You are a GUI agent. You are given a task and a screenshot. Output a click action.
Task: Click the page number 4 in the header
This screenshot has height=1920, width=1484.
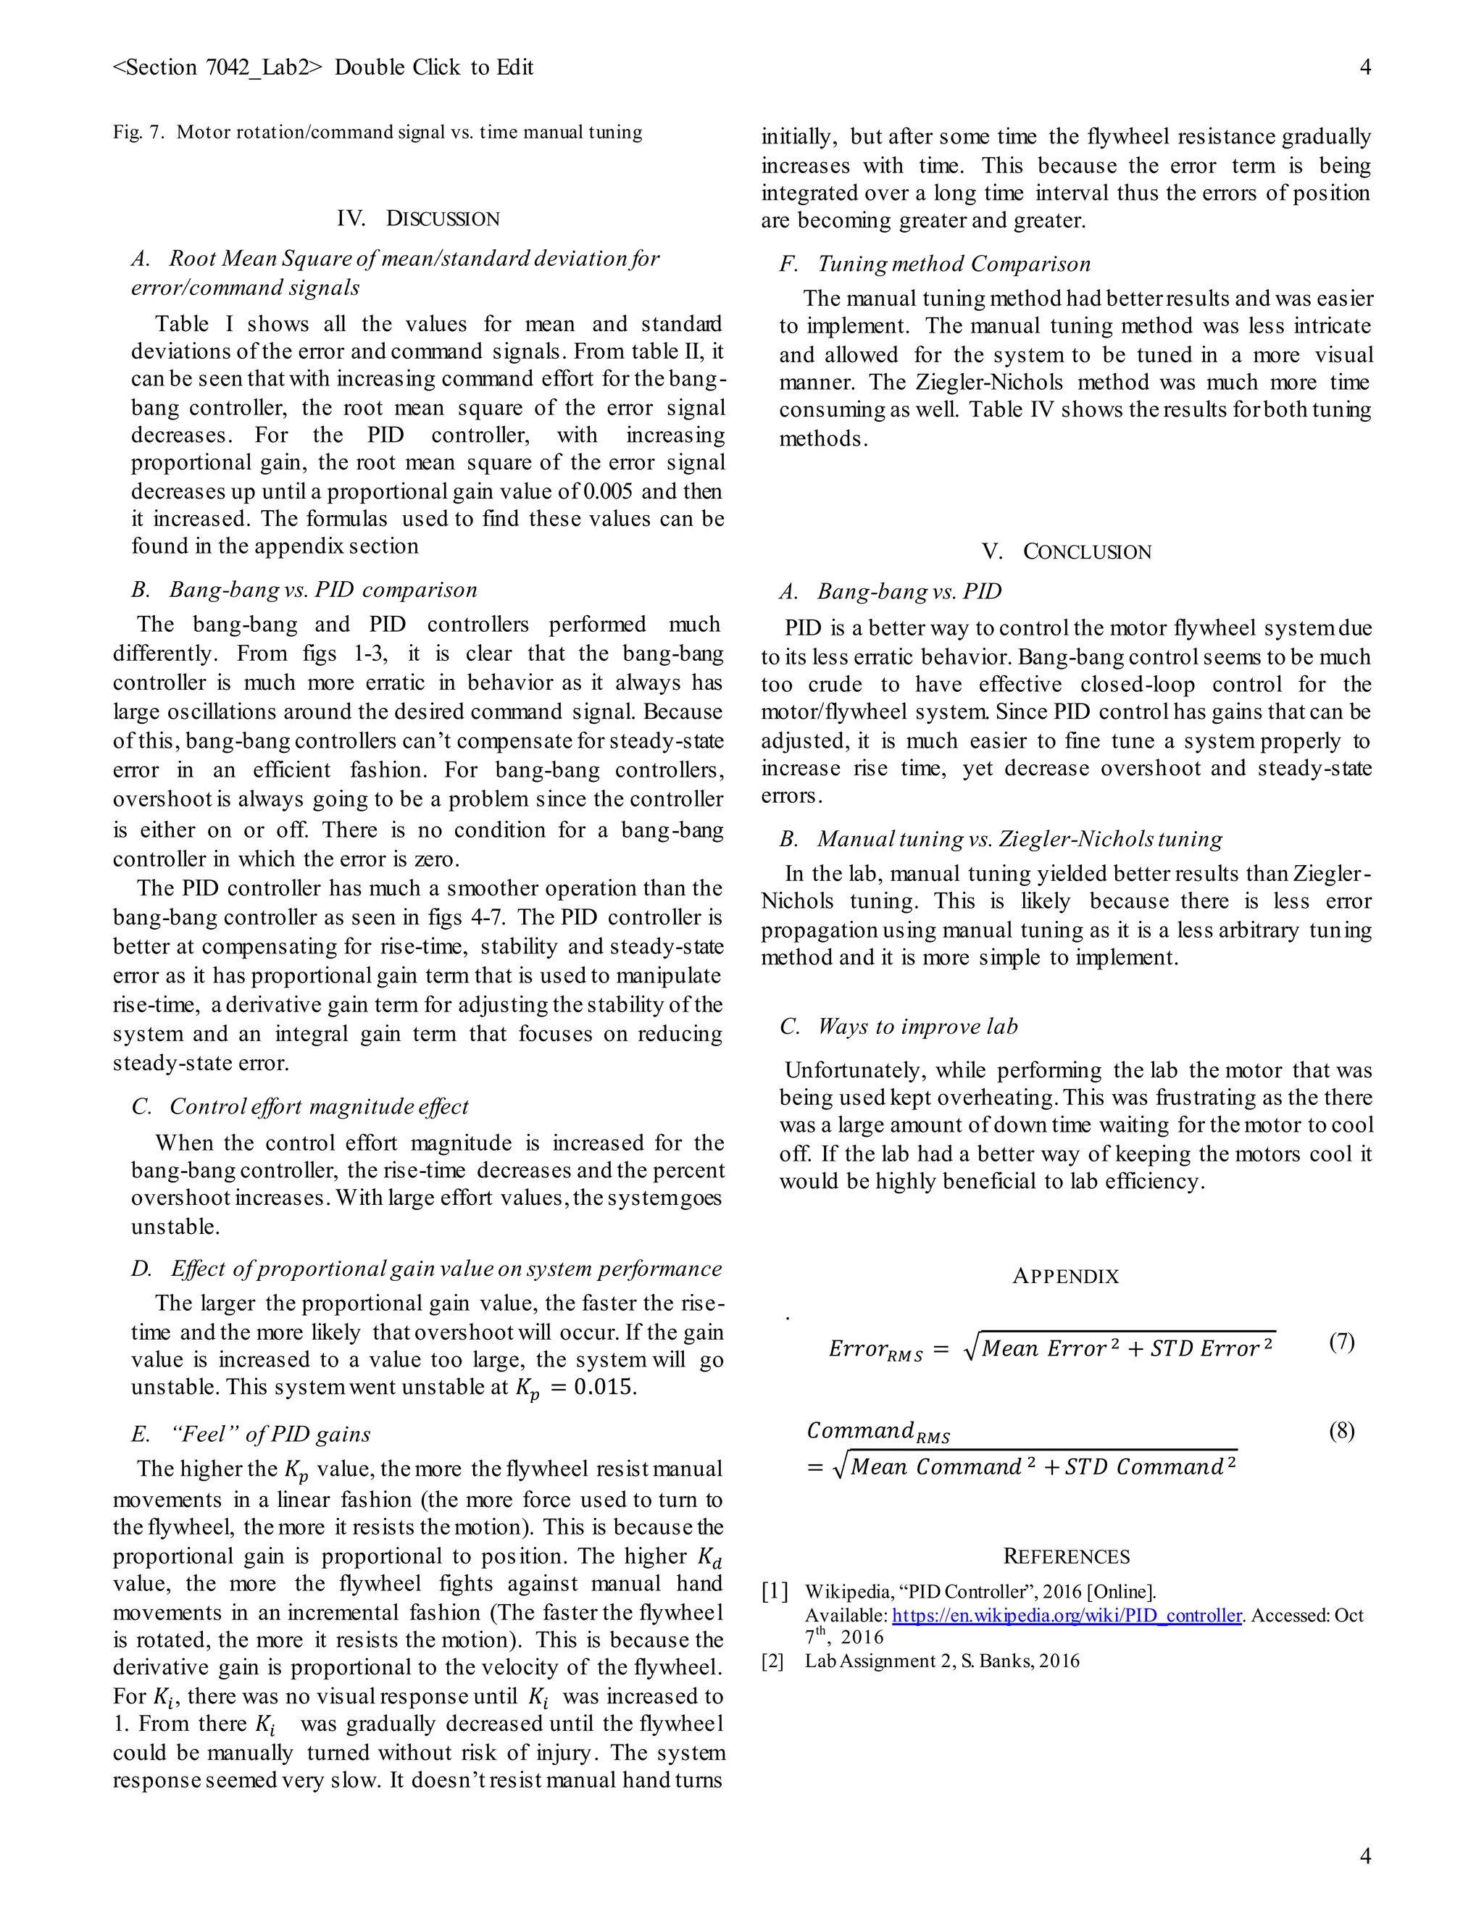point(1364,67)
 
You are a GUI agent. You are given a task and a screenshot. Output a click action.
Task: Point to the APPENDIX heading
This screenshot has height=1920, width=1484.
point(1065,1277)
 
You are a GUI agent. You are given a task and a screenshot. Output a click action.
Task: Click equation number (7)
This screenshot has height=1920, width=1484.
point(1341,1342)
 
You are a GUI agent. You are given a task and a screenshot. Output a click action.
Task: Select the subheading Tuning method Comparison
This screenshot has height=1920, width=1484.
point(953,264)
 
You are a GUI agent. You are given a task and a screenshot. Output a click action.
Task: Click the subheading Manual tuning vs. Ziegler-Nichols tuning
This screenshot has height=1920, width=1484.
point(1019,839)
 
